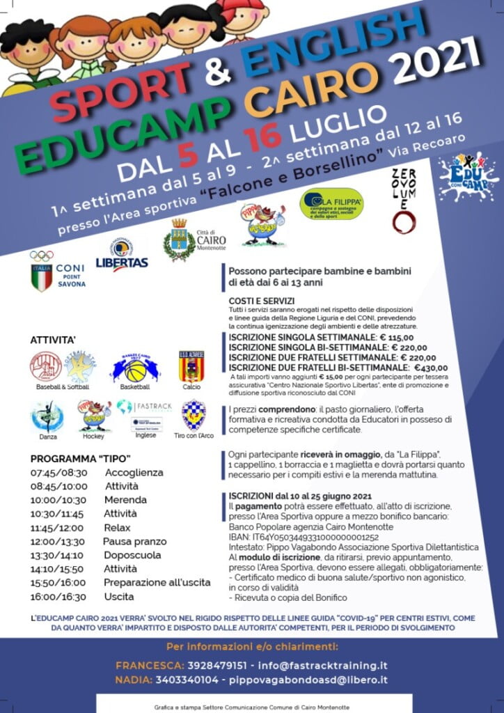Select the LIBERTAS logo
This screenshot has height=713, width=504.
click(x=121, y=256)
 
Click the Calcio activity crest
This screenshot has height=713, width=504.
click(x=191, y=367)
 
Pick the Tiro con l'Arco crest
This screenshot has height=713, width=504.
click(x=193, y=416)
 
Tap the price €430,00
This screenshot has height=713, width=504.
click(x=430, y=368)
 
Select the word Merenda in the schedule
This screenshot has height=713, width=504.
click(x=125, y=500)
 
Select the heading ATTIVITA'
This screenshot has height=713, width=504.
click(x=52, y=340)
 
